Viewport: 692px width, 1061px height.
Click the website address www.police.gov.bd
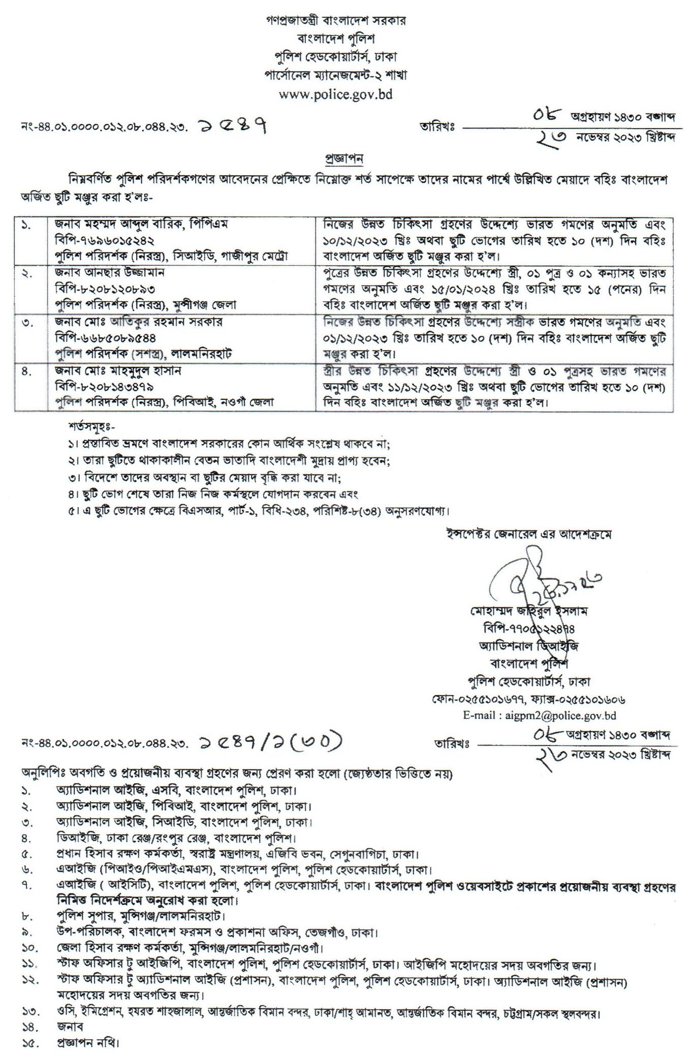pos(336,94)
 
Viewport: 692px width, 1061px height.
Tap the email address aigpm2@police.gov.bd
pos(560,715)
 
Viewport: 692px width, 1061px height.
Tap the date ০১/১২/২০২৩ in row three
pos(358,338)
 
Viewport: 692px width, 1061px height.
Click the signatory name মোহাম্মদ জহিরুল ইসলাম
pos(529,612)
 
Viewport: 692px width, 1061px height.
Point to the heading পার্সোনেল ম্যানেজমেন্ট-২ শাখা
pos(336,75)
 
